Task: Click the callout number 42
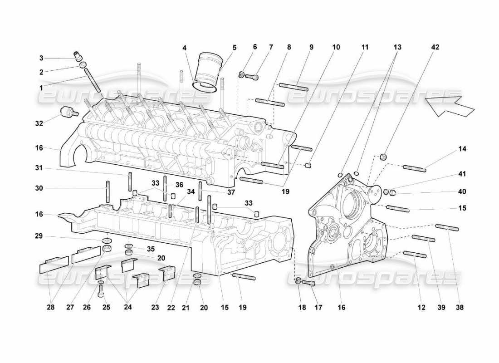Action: click(435, 47)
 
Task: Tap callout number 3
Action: click(41, 58)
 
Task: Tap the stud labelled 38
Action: click(447, 227)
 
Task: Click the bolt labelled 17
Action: click(308, 283)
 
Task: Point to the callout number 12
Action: click(421, 308)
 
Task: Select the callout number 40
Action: click(462, 191)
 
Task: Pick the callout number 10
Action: click(336, 47)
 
